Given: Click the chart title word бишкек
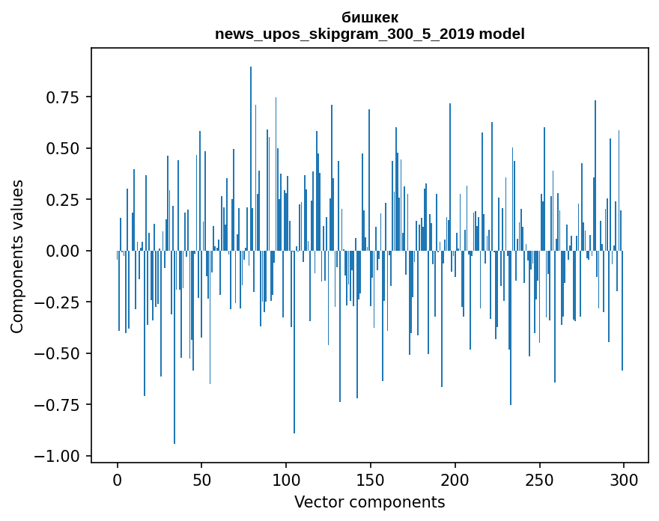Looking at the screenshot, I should click(370, 17).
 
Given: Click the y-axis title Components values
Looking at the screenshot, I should click(17, 256).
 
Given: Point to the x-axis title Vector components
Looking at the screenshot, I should click(370, 502).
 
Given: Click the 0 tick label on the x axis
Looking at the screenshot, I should click(118, 481).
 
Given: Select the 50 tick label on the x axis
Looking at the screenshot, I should click(202, 481).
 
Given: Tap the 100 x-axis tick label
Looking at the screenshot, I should click(286, 481).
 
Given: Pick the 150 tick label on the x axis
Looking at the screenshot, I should click(371, 481).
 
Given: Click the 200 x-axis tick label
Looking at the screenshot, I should click(455, 481).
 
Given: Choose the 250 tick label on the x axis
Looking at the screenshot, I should click(540, 481).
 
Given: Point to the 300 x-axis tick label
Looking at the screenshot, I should click(624, 481).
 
